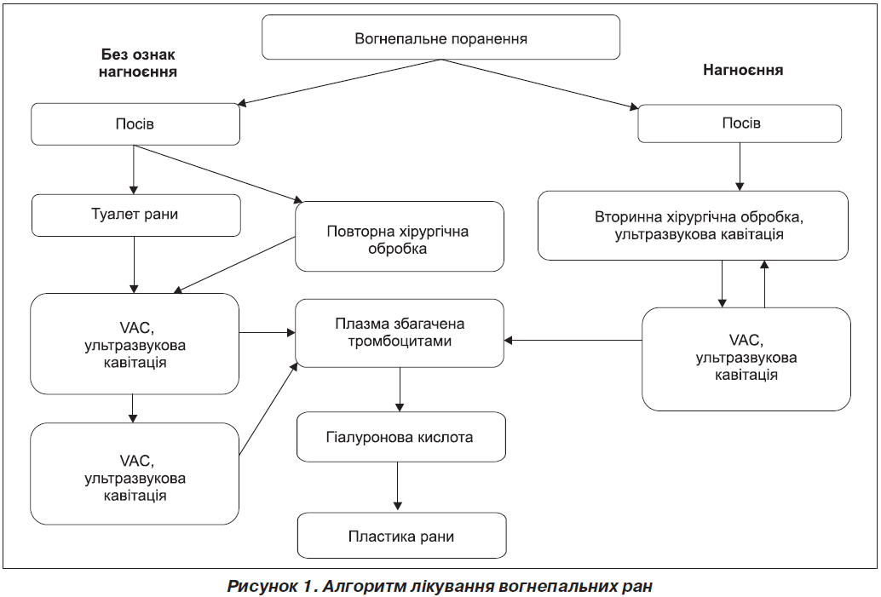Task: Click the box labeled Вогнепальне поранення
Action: (x=441, y=37)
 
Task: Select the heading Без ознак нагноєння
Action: (x=138, y=63)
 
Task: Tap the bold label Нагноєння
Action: (x=743, y=70)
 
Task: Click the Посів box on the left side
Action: (x=135, y=124)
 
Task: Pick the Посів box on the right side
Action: (x=740, y=123)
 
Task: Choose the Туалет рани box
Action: (x=136, y=215)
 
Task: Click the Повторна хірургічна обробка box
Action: (x=400, y=237)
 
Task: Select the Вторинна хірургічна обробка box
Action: (x=693, y=225)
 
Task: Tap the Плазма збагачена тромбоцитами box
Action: (x=400, y=333)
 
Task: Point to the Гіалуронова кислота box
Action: (x=401, y=437)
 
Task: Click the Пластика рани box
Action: (x=401, y=535)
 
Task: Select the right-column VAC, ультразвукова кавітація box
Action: (x=746, y=359)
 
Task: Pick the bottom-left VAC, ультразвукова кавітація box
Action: (x=135, y=474)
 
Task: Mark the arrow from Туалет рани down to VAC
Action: (x=134, y=265)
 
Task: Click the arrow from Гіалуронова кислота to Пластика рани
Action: (x=398, y=485)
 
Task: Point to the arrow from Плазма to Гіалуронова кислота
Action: (x=400, y=390)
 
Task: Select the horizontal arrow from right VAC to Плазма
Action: (x=573, y=340)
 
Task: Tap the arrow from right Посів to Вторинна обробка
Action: (x=740, y=167)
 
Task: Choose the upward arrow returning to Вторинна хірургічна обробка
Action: (x=764, y=284)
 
